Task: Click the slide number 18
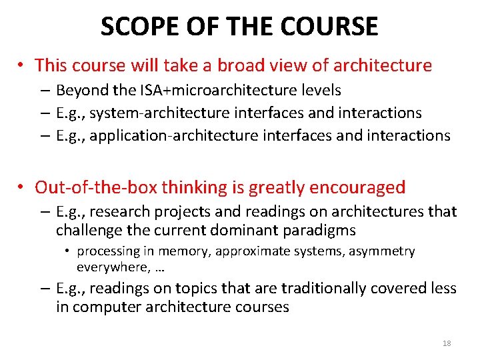[447, 343]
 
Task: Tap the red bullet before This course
[22, 66]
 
